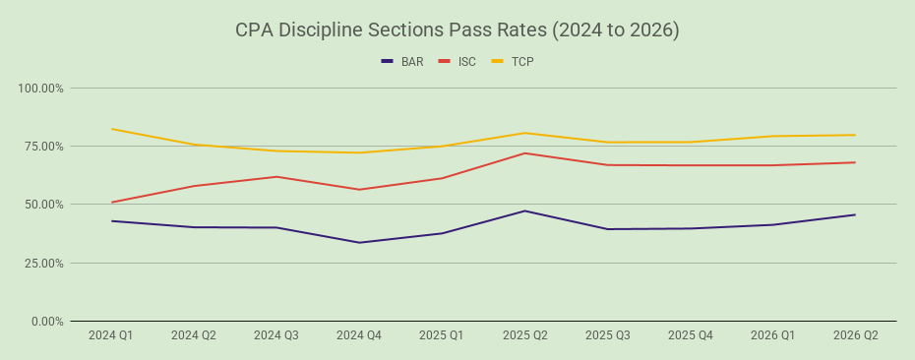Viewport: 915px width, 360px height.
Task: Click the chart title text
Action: click(457, 30)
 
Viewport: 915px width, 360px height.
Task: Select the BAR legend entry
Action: click(402, 61)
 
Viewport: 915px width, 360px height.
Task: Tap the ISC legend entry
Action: click(457, 61)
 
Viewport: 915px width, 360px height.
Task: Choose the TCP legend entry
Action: click(512, 61)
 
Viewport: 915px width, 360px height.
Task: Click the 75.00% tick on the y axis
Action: click(43, 147)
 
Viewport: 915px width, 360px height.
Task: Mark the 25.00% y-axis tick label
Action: click(43, 264)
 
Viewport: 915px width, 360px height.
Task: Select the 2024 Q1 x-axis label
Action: click(111, 335)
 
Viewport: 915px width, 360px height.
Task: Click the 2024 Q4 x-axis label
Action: click(359, 335)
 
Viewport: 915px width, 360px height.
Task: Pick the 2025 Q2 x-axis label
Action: click(525, 335)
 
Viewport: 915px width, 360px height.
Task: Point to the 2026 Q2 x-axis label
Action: click(856, 335)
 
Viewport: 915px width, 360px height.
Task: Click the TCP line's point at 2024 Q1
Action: click(111, 129)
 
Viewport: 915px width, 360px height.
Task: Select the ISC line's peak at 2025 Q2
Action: click(525, 152)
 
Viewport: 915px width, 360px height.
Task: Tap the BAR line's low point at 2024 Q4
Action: click(359, 243)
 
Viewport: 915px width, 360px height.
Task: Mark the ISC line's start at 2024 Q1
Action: click(111, 203)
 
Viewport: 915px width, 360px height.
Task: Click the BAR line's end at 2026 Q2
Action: click(855, 214)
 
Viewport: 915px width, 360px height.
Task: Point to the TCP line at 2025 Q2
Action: click(525, 133)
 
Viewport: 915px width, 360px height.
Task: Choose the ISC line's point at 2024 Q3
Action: click(276, 176)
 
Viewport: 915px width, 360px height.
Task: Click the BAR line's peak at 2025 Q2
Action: click(525, 210)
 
